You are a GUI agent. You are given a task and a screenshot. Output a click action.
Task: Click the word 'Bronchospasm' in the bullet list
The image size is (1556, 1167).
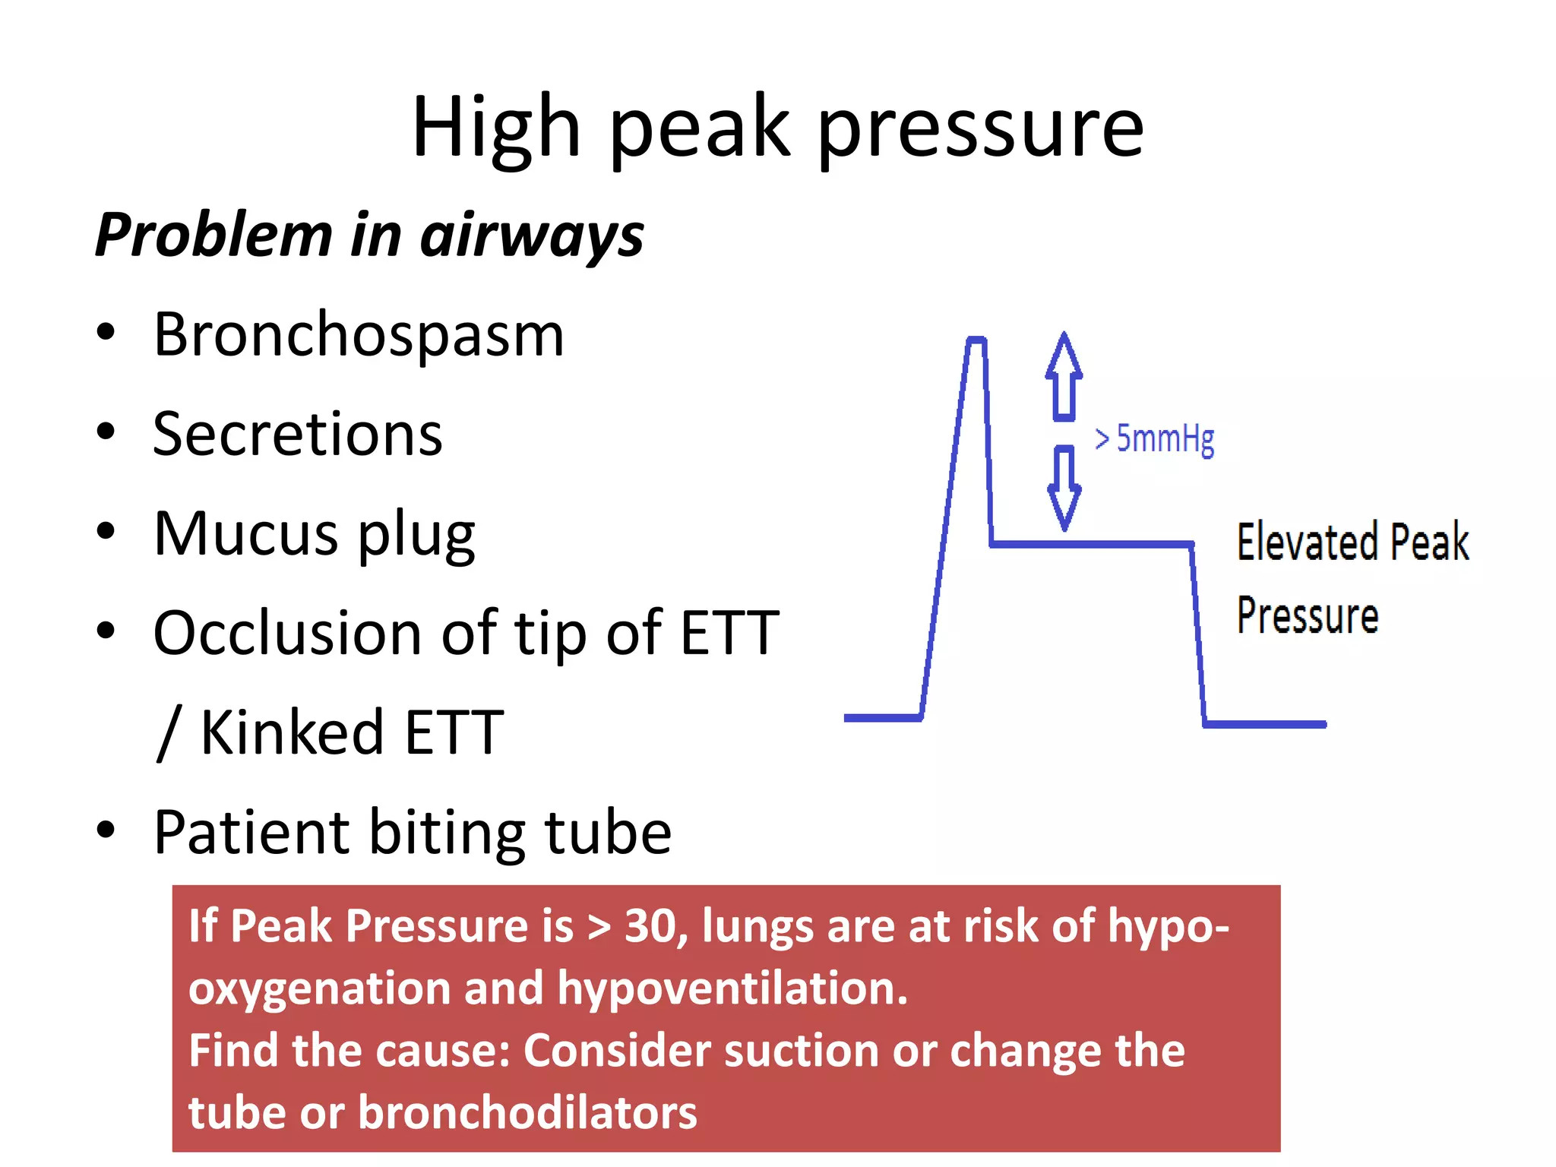pyautogui.click(x=359, y=335)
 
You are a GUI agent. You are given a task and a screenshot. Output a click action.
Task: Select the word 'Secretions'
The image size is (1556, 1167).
pyautogui.click(x=297, y=435)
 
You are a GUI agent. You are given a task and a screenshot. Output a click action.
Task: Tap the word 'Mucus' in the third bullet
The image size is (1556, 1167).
pyautogui.click(x=245, y=534)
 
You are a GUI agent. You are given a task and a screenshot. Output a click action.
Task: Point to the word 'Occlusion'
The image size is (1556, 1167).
pyautogui.click(x=287, y=633)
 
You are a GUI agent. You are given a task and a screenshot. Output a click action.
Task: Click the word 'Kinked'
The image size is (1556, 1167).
pyautogui.click(x=293, y=732)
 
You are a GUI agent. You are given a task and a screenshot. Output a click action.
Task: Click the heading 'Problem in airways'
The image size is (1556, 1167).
pyautogui.click(x=369, y=235)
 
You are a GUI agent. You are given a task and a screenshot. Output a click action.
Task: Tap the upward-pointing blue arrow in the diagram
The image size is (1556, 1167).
pyautogui.click(x=1064, y=376)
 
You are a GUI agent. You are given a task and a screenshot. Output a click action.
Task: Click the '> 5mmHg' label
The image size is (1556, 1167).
pyautogui.click(x=1154, y=440)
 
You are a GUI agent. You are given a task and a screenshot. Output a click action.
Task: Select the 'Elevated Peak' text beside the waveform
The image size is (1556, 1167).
pyautogui.click(x=1352, y=542)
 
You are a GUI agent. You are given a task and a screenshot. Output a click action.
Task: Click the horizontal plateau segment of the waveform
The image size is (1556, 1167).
pyautogui.click(x=1091, y=544)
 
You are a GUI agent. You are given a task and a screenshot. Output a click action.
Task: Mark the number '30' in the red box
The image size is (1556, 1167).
pyautogui.click(x=650, y=926)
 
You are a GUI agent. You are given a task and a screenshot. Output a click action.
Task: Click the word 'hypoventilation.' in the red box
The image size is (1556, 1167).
pyautogui.click(x=732, y=988)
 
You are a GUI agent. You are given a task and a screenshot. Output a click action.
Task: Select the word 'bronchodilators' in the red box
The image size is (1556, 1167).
pyautogui.click(x=527, y=1113)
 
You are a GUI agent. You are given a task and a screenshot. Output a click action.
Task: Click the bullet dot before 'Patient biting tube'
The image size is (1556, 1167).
pyautogui.click(x=106, y=830)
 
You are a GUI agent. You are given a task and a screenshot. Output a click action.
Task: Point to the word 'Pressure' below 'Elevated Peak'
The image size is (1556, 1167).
pyautogui.click(x=1308, y=615)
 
